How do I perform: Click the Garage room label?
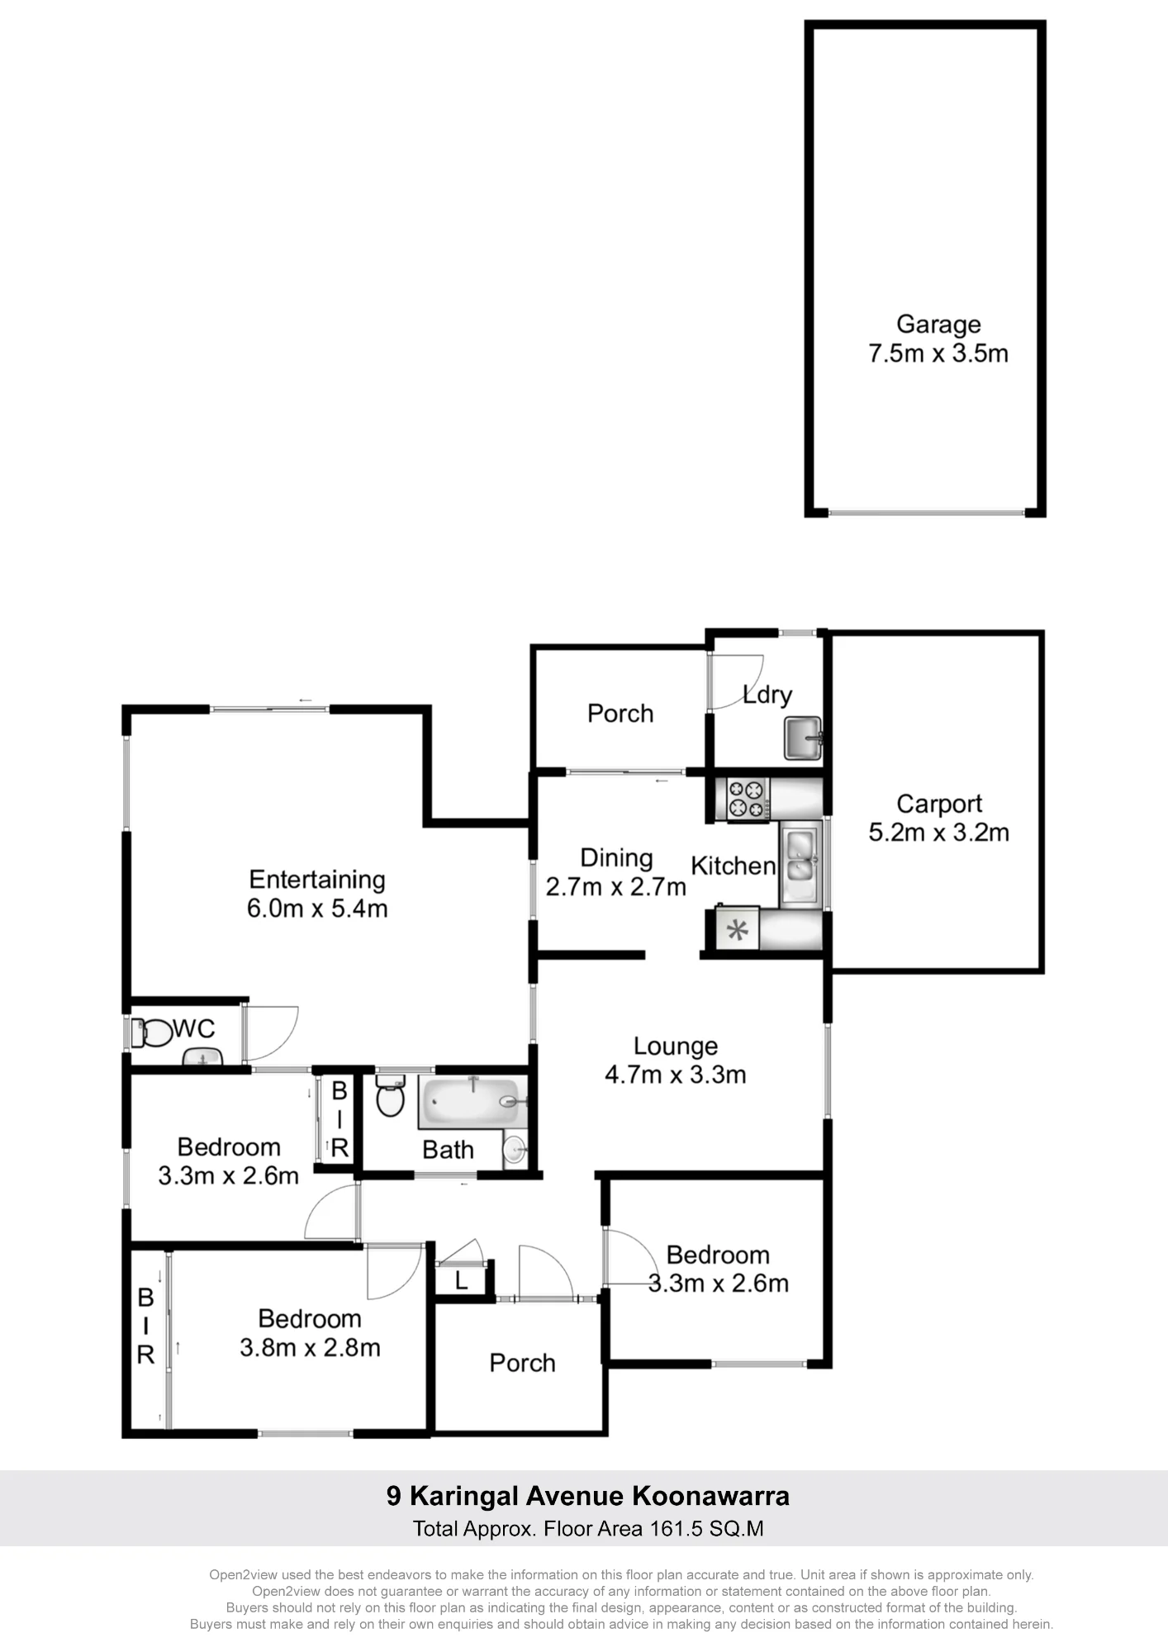click(x=938, y=325)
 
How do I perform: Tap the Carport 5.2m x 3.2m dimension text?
click(x=938, y=832)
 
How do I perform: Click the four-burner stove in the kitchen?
click(x=748, y=799)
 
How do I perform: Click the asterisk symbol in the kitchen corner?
click(x=737, y=932)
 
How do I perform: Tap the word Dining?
click(x=616, y=858)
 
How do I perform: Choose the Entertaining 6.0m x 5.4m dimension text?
click(x=317, y=909)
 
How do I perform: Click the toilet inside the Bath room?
click(x=390, y=1094)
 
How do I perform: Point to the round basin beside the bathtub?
click(x=515, y=1149)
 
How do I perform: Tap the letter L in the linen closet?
click(x=462, y=1281)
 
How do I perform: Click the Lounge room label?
click(x=676, y=1046)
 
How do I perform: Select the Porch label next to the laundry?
click(x=620, y=713)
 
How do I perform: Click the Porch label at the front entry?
click(x=522, y=1362)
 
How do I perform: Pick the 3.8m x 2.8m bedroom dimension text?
click(x=310, y=1347)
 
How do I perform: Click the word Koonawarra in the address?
click(x=711, y=1496)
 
